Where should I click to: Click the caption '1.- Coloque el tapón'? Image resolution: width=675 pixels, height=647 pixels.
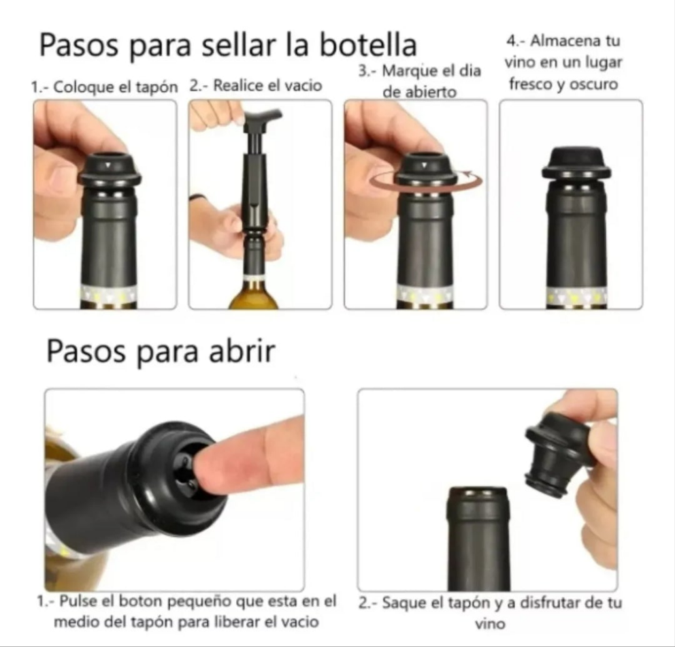click(103, 87)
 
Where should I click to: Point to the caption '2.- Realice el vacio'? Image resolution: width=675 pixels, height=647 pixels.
click(256, 86)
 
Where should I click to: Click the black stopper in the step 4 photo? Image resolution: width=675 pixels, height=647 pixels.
click(576, 163)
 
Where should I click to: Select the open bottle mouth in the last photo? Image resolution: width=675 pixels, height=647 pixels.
click(478, 492)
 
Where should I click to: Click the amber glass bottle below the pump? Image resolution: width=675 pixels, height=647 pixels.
click(255, 296)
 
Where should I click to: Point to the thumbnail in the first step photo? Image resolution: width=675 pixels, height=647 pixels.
click(62, 179)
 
